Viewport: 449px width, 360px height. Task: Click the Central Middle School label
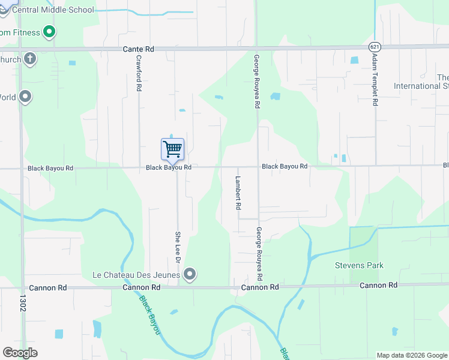coord(53,10)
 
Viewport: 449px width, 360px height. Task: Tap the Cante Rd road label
coord(139,49)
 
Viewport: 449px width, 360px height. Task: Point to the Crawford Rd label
coord(139,73)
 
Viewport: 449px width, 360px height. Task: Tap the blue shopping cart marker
coord(172,149)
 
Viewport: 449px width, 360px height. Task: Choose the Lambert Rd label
coord(238,192)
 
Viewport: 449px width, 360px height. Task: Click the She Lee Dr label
coord(178,245)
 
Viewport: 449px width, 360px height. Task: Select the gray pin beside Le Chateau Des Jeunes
coord(190,275)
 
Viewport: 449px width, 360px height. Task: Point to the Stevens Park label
coord(359,265)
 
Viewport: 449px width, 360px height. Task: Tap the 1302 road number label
coord(24,305)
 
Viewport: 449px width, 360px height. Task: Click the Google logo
coord(20,353)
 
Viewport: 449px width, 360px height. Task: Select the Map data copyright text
coord(411,355)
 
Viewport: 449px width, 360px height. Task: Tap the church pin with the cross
coord(30,59)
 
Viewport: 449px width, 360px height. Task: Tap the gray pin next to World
coord(25,96)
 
